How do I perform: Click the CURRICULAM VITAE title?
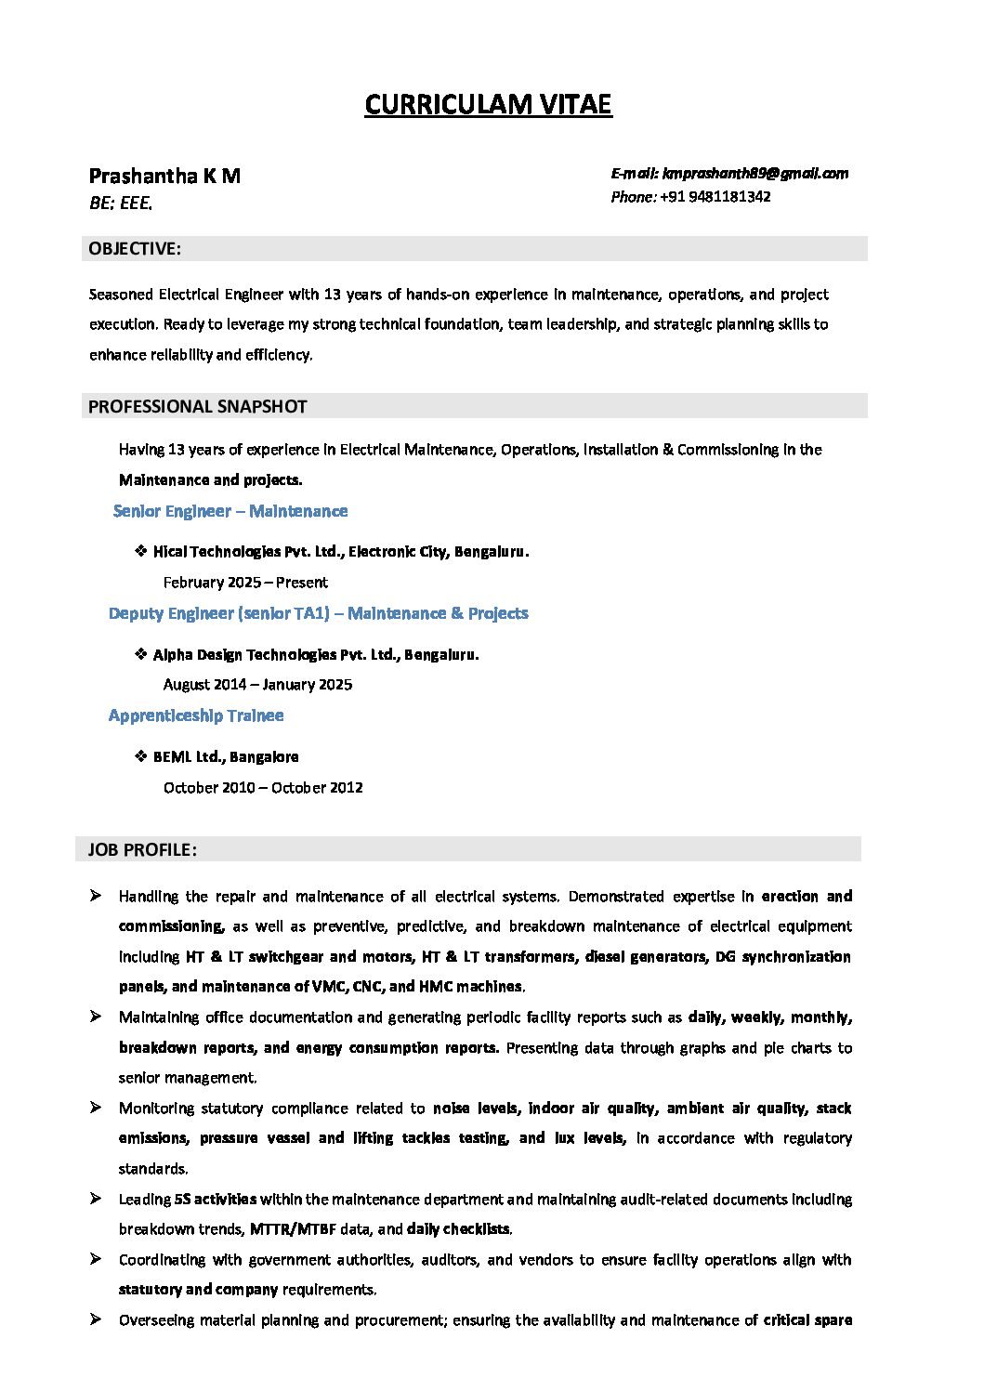[488, 105]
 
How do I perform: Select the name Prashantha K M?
[164, 176]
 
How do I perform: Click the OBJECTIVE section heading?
[135, 248]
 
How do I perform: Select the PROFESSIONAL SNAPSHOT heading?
[197, 406]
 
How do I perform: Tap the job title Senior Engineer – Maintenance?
[230, 511]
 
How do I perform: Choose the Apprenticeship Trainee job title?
[196, 715]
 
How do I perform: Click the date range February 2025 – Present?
[245, 583]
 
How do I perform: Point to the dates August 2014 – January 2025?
[257, 685]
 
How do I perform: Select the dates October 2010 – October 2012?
[263, 787]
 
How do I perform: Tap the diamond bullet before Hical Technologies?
[141, 551]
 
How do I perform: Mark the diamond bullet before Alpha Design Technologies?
[141, 653]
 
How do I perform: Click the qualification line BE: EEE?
[121, 203]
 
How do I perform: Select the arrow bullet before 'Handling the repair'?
[96, 896]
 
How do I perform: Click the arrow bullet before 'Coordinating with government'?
[96, 1259]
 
